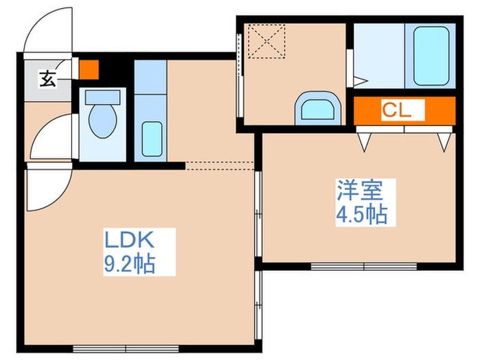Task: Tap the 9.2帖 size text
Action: (130, 263)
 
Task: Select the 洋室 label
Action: (357, 189)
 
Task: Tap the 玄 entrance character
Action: (47, 80)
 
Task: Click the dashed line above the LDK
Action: (220, 164)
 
